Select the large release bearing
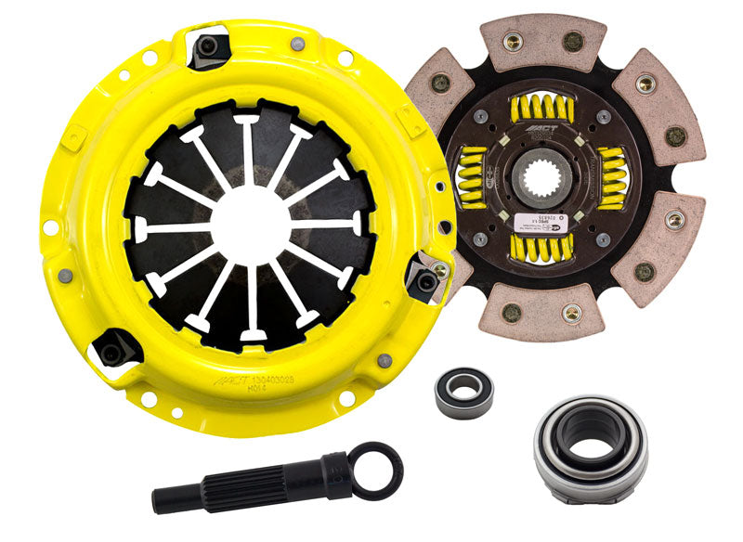(590, 448)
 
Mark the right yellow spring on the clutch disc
(616, 176)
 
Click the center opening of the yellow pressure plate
(250, 224)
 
